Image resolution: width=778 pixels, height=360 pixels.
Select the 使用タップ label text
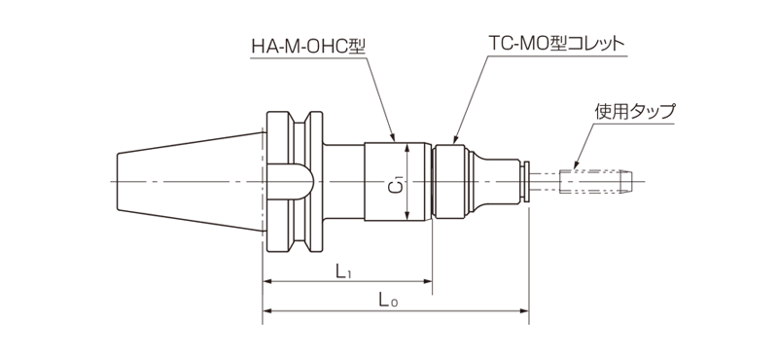click(634, 111)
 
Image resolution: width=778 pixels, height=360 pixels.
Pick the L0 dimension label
click(387, 303)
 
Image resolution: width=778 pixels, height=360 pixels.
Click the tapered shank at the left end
click(185, 182)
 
